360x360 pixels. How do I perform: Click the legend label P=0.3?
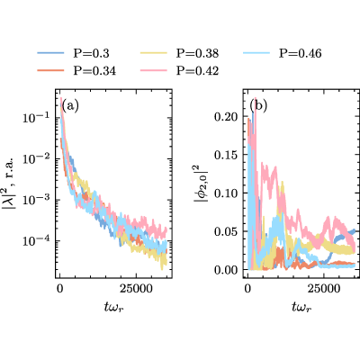pyautogui.click(x=92, y=53)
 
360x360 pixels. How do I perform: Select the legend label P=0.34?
pyautogui.click(x=94, y=71)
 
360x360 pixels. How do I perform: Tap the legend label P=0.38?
pyautogui.click(x=197, y=53)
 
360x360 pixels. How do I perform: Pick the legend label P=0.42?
pyautogui.click(x=197, y=71)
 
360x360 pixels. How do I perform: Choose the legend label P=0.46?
pyautogui.click(x=301, y=53)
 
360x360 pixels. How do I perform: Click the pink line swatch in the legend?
pyautogui.click(x=154, y=70)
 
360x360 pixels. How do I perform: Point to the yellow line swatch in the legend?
pyautogui.click(x=154, y=53)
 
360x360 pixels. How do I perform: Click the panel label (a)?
pyautogui.click(x=70, y=106)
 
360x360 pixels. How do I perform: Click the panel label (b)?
pyautogui.click(x=258, y=106)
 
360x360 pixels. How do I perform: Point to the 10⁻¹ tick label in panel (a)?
pyautogui.click(x=36, y=118)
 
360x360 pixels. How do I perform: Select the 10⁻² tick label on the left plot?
pyautogui.click(x=36, y=158)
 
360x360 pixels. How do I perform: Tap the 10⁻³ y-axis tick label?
pyautogui.click(x=36, y=200)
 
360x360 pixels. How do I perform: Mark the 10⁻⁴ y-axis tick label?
pyautogui.click(x=36, y=240)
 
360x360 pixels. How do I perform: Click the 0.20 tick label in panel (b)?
pyautogui.click(x=226, y=116)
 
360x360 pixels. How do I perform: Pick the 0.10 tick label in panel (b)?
pyautogui.click(x=226, y=193)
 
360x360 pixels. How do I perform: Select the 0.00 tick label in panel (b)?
pyautogui.click(x=226, y=270)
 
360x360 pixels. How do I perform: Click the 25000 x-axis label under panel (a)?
pyautogui.click(x=136, y=289)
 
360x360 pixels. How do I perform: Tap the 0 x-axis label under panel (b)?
pyautogui.click(x=247, y=289)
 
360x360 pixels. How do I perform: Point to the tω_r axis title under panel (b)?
pyautogui.click(x=301, y=307)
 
